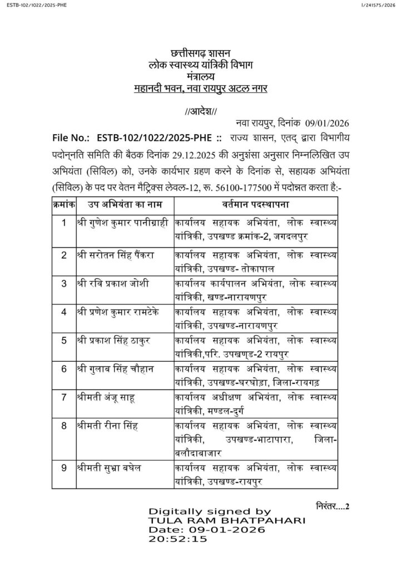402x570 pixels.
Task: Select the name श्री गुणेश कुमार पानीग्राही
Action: [x=123, y=223]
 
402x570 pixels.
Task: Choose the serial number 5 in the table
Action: [x=64, y=341]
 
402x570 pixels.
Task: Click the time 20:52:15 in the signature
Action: [x=177, y=539]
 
